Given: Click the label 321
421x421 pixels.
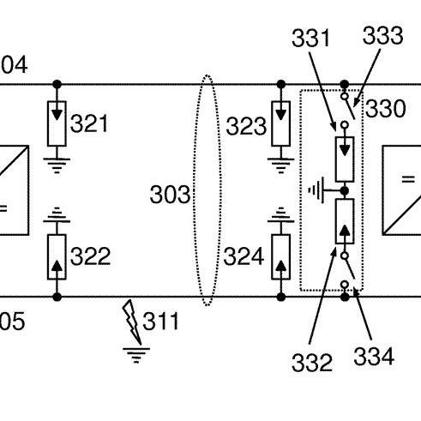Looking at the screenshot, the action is (x=89, y=123).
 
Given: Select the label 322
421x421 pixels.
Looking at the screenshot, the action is (x=90, y=256).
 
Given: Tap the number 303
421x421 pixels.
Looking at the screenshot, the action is (x=170, y=195).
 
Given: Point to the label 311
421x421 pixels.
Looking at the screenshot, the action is (x=160, y=321).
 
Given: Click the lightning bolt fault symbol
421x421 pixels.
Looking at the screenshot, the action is (x=131, y=322).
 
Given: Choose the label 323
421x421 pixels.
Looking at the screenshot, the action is (x=246, y=126).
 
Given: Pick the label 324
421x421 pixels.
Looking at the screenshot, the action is (x=244, y=256).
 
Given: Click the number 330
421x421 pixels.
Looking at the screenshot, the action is (x=385, y=108).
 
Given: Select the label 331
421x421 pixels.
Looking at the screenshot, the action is (x=310, y=38).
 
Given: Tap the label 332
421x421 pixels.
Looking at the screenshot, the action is (x=312, y=362).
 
